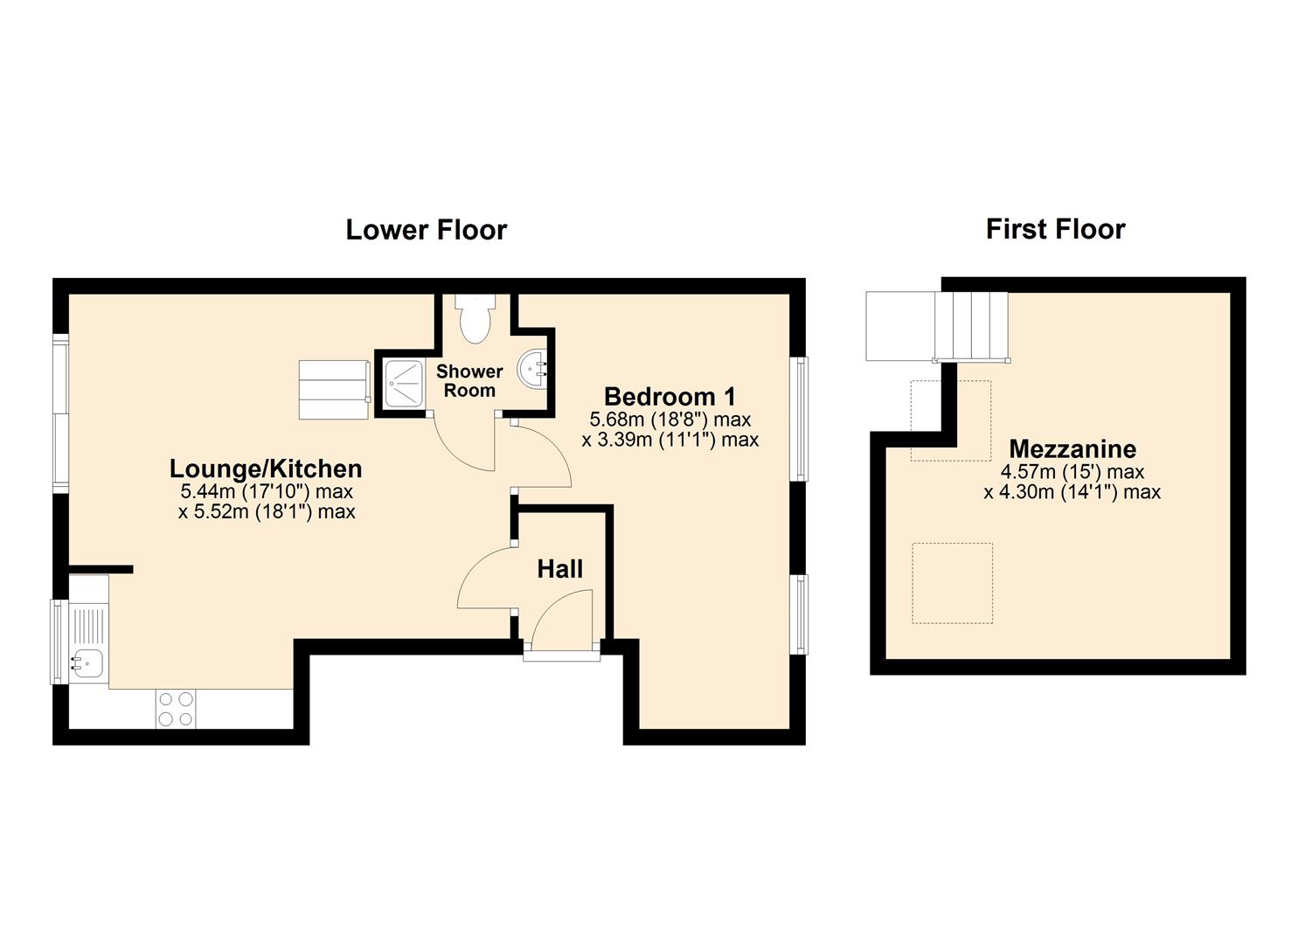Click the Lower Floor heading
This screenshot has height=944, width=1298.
click(426, 230)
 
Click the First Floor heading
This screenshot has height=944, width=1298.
click(1055, 229)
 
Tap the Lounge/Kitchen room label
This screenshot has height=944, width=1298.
click(266, 469)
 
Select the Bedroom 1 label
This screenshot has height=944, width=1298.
click(670, 397)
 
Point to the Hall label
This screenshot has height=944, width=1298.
click(559, 570)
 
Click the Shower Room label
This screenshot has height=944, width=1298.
click(469, 381)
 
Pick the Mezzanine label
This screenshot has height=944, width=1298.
click(1072, 449)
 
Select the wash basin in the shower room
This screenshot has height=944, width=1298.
click(533, 368)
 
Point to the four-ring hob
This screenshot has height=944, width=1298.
click(176, 709)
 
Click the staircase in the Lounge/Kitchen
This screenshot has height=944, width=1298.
click(333, 390)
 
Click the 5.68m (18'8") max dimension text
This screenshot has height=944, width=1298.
click(670, 420)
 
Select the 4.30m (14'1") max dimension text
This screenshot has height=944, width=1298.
click(1072, 492)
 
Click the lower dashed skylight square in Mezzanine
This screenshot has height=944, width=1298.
click(952, 583)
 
